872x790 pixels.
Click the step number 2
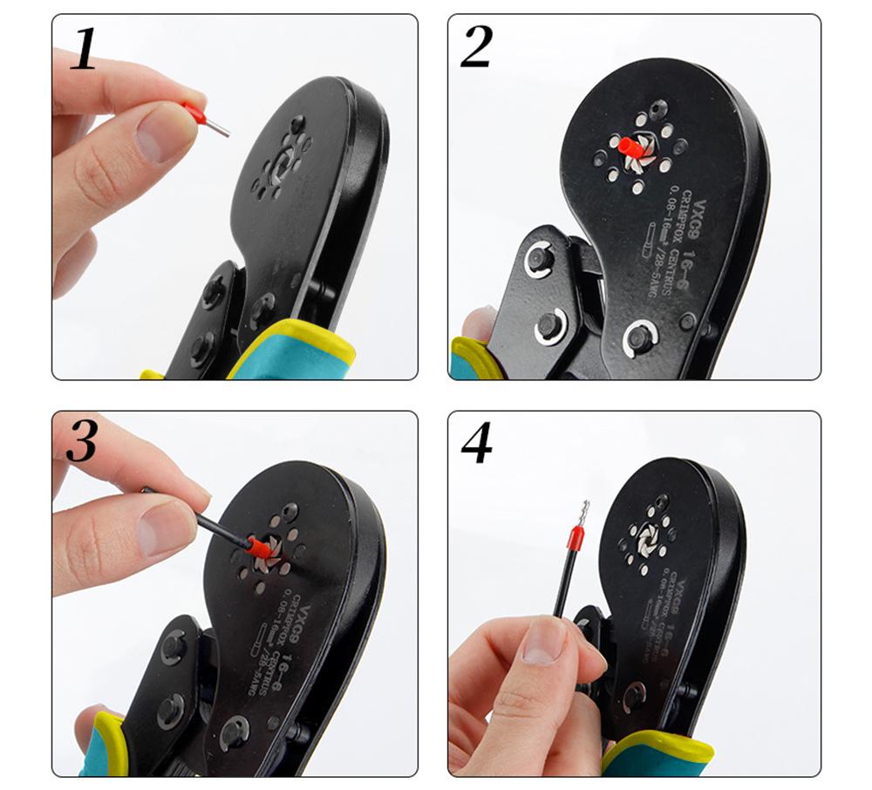(477, 49)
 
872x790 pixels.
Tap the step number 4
(477, 446)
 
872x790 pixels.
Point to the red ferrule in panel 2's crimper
(630, 147)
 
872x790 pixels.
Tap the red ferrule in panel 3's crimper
(256, 548)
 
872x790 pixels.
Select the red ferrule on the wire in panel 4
(575, 540)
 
